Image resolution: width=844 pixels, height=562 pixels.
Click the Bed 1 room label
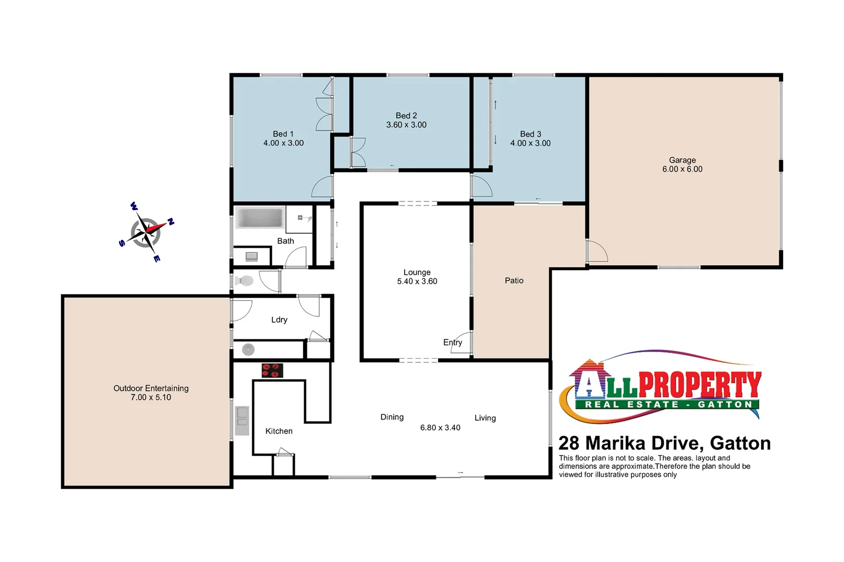point(283,134)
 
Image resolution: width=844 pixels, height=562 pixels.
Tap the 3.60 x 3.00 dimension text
point(406,125)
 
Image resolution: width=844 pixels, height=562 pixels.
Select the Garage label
point(682,160)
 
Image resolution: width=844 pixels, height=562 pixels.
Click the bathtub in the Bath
point(259,218)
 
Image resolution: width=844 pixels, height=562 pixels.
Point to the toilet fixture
point(244,281)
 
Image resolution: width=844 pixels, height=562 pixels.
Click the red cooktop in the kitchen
point(272,371)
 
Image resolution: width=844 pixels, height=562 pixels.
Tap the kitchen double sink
point(242,420)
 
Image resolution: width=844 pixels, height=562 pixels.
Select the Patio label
point(514,280)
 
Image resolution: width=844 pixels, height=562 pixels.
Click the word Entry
point(452,342)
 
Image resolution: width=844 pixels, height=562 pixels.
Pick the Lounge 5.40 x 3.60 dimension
point(417,282)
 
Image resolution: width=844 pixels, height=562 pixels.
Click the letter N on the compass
point(170,222)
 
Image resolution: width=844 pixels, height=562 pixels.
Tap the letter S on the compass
point(122,243)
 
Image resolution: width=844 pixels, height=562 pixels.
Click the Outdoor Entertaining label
point(151,388)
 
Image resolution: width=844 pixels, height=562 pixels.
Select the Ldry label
point(279,320)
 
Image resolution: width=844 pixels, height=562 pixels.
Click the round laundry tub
point(249,350)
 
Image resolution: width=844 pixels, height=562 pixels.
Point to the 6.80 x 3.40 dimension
point(440,428)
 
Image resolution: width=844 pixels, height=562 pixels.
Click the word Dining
point(392,417)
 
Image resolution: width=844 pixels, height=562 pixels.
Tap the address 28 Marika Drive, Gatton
point(664,443)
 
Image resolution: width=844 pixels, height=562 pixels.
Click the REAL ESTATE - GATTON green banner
point(667,404)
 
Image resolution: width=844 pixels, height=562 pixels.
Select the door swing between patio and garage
point(597,252)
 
